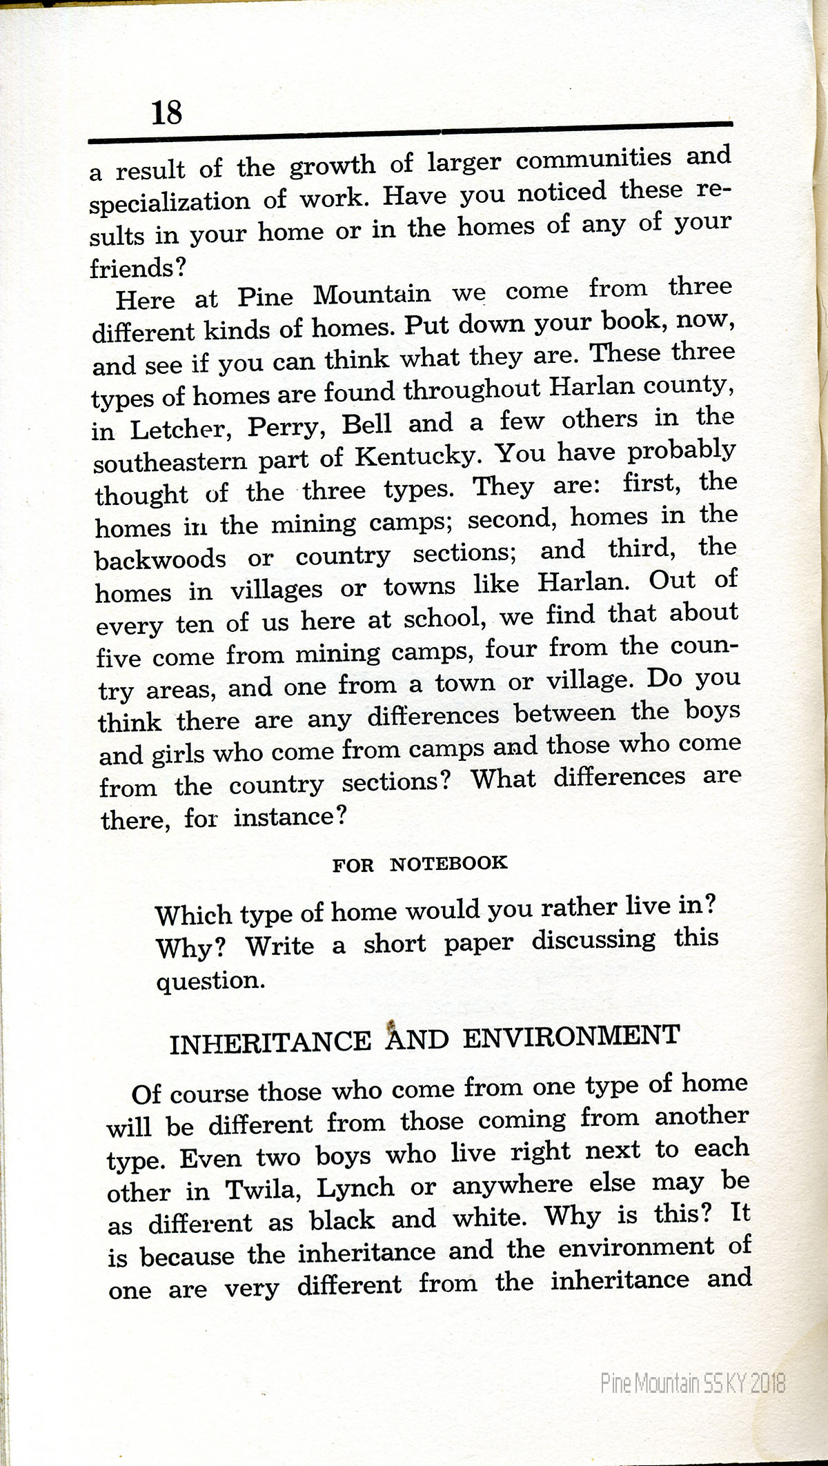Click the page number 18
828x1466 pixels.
166,111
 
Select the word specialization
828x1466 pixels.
170,202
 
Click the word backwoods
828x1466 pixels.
161,559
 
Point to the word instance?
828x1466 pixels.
290,818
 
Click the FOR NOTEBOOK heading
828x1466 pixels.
420,864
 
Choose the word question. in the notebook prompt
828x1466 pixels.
210,980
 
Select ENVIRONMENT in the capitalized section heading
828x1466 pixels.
571,1037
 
